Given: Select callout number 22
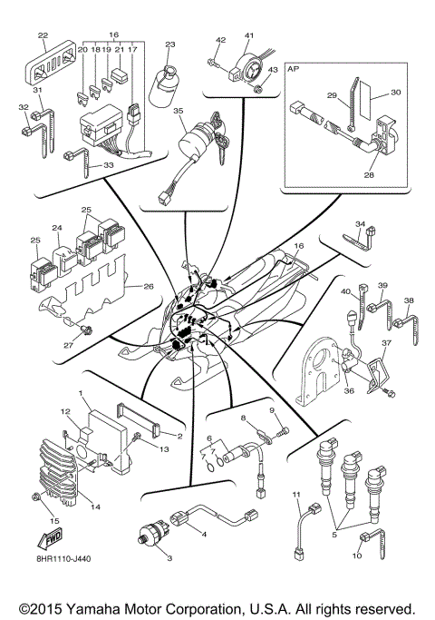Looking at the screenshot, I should [x=43, y=35].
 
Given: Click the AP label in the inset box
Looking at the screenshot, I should [x=295, y=69].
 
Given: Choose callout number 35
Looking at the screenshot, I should [x=179, y=112].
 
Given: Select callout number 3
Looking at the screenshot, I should [x=168, y=558].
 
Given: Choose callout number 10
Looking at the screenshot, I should [x=357, y=554].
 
